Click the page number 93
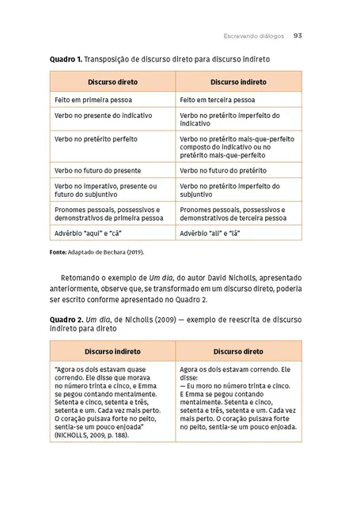pos(298,36)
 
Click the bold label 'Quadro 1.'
pos(66,59)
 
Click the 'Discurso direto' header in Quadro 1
pos(112,82)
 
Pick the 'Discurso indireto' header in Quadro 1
pos(237,82)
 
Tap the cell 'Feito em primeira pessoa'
pos(93,100)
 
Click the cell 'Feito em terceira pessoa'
pos(217,100)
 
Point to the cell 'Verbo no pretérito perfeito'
pos(96,138)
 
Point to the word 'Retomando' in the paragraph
pos(81,278)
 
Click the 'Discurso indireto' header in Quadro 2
pos(113,350)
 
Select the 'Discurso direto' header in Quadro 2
pos(238,350)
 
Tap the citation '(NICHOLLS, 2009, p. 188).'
pos(93,435)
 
